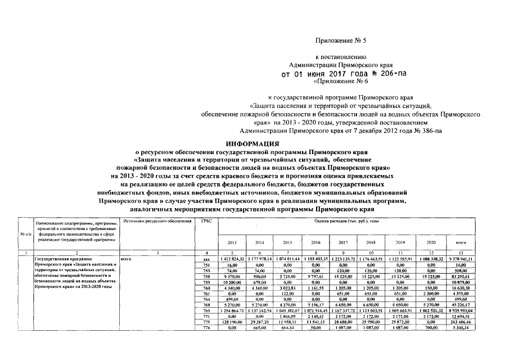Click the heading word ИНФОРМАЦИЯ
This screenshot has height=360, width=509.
coord(252,144)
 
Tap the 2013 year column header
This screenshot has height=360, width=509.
coord(232,242)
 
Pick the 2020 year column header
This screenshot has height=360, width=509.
coord(424,242)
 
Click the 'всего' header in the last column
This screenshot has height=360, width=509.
coord(456,242)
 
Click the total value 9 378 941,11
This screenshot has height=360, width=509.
coord(456,258)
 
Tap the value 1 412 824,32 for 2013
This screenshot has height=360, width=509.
coord(231,258)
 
